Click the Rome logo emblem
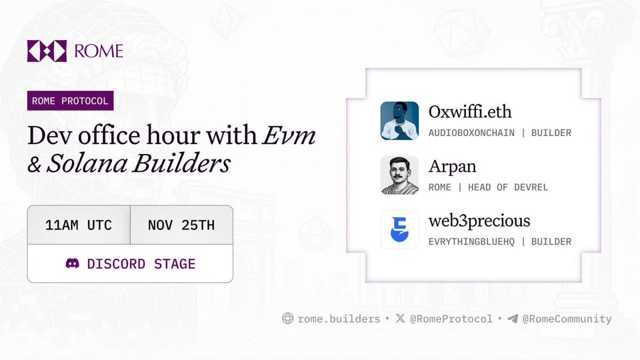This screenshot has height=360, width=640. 47,51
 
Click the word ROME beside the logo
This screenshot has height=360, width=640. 99,51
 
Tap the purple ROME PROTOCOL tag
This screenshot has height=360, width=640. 70,101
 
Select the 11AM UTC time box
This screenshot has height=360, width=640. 78,225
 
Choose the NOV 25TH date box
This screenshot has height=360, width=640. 181,225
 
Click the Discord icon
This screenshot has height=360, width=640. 72,263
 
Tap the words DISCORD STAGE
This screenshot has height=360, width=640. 141,264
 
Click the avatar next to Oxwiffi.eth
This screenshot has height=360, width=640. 399,121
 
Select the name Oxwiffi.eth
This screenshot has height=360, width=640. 470,112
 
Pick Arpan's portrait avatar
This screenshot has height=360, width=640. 399,175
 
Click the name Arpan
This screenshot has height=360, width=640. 452,166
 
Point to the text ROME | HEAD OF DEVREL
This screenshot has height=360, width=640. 488,187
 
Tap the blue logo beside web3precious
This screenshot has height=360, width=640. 399,230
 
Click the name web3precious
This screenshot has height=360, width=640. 479,221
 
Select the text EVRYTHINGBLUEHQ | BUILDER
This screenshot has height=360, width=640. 500,242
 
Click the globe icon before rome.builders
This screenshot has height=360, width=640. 287,319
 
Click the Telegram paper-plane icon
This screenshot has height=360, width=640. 513,319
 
